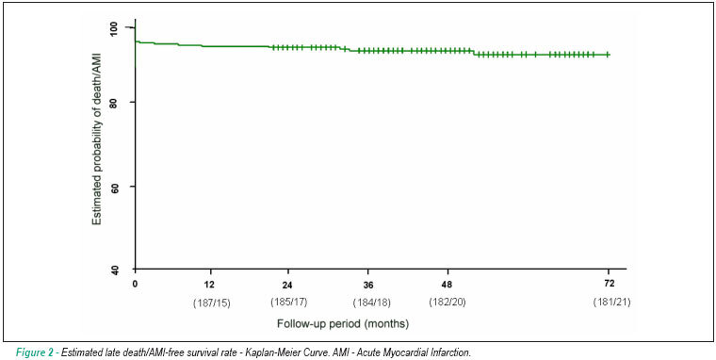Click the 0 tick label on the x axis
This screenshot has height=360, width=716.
tap(135, 284)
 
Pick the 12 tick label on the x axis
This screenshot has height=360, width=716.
tap(210, 285)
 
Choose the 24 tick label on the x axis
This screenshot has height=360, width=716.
tap(287, 285)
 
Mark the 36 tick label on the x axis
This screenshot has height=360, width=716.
tap(369, 285)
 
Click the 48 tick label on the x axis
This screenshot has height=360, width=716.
tap(447, 285)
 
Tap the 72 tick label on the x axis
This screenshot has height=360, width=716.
tap(610, 284)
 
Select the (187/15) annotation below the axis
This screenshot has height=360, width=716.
tap(212, 303)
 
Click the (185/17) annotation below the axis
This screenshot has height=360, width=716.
tap(289, 302)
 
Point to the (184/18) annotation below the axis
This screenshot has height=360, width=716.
tap(372, 303)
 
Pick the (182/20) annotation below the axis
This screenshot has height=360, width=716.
tap(447, 302)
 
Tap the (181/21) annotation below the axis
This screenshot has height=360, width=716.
tap(611, 302)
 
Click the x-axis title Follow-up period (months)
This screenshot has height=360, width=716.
tap(343, 324)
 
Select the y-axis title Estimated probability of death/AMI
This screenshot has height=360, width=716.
tap(96, 139)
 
